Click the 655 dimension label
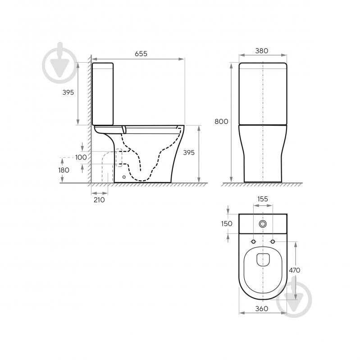click(141, 54)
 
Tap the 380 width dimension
click(261, 51)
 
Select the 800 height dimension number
click(221, 122)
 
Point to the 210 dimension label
click(99, 200)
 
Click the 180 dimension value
click(64, 170)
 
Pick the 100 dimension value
click(81, 157)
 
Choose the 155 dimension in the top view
click(263, 199)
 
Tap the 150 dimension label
click(227, 223)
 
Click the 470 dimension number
click(294, 270)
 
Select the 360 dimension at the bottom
click(261, 309)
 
